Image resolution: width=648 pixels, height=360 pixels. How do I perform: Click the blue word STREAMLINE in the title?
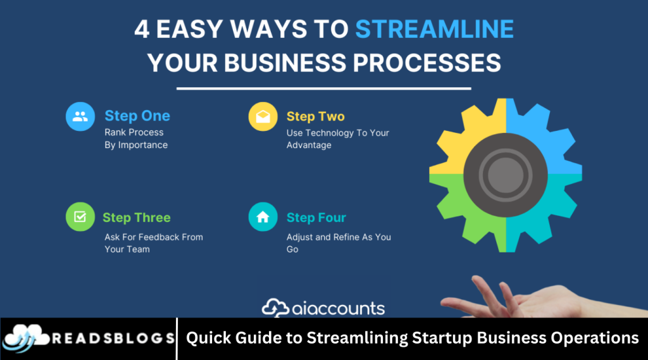tap(434, 29)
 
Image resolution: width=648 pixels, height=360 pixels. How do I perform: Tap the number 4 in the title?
tap(142, 29)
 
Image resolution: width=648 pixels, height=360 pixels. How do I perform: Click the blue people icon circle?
tap(80, 116)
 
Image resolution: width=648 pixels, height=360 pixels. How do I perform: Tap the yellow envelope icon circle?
tap(263, 116)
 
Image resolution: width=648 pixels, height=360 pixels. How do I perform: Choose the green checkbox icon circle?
tap(80, 216)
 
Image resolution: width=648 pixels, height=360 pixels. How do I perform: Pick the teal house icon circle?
tap(263, 216)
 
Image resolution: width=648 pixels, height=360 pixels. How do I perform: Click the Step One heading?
tap(137, 116)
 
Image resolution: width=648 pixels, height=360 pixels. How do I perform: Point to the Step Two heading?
tap(315, 116)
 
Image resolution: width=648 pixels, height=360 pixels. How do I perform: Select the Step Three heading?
tap(137, 218)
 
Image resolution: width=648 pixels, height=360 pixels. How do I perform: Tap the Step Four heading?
tap(316, 218)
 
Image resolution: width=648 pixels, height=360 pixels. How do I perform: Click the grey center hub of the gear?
tap(506, 175)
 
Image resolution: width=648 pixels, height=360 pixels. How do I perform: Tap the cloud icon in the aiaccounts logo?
tap(275, 308)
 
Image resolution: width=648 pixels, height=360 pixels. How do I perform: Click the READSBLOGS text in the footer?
tap(113, 338)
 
